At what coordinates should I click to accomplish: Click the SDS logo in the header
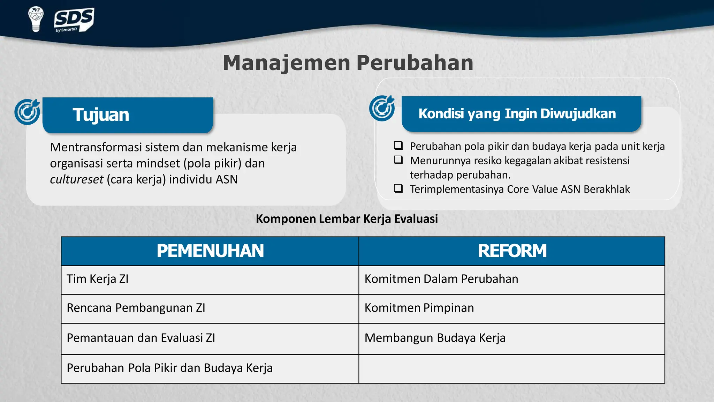coord(74,20)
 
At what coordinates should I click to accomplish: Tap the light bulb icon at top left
coord(36,19)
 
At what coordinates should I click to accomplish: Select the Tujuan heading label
coord(101,115)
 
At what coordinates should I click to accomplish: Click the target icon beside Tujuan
coord(28,112)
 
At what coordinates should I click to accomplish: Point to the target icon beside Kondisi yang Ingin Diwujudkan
coord(382,108)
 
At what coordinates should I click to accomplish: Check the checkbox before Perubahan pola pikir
coord(398,146)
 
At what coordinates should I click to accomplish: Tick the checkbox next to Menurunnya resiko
coord(398,160)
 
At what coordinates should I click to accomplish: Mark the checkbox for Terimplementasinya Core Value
coord(398,188)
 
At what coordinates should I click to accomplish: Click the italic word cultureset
coord(76,179)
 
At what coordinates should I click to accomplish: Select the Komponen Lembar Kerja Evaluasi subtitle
coord(347,219)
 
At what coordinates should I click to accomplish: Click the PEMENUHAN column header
coord(210,251)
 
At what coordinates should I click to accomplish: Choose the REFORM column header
coord(512,251)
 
